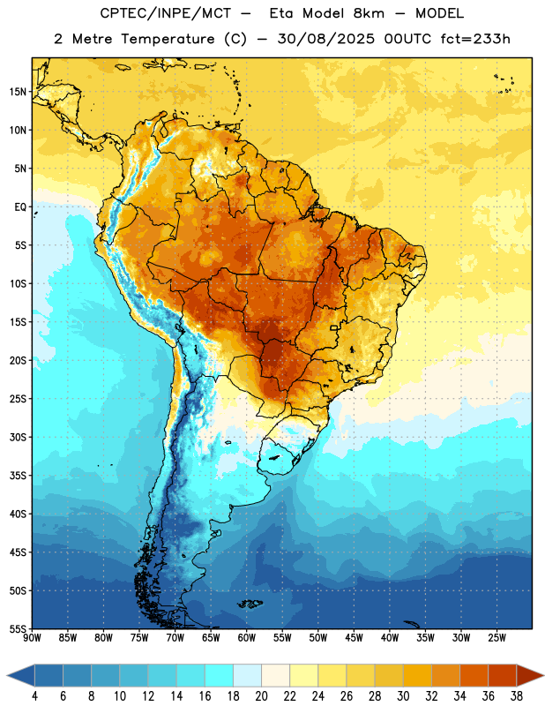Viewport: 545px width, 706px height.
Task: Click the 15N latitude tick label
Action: click(18, 92)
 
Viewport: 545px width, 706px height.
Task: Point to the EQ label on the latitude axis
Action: click(20, 207)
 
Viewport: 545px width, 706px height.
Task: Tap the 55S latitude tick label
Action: click(18, 628)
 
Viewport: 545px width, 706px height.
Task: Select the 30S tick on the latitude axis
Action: click(18, 437)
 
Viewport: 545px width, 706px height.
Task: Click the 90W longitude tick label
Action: click(32, 638)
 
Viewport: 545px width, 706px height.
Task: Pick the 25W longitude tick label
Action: click(496, 638)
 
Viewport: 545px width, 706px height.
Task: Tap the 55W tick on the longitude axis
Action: click(282, 638)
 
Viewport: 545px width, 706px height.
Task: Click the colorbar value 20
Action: click(261, 696)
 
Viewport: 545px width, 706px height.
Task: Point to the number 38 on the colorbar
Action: click(516, 696)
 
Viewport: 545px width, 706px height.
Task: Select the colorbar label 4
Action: click(34, 696)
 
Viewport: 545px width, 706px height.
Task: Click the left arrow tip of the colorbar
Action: click(7, 675)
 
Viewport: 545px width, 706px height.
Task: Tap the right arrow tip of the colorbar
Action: click(543, 675)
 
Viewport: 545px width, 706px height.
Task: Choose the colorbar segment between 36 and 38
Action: click(503, 675)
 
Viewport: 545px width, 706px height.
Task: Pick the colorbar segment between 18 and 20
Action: click(247, 675)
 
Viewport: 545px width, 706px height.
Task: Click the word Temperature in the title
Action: click(168, 39)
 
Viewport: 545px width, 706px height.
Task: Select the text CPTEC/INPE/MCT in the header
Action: click(166, 13)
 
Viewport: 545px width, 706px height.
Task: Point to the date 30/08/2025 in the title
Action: click(325, 39)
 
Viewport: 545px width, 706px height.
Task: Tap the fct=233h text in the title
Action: click(475, 39)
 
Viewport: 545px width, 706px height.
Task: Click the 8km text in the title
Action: click(369, 13)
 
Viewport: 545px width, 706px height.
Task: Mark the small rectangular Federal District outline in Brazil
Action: click(334, 328)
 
